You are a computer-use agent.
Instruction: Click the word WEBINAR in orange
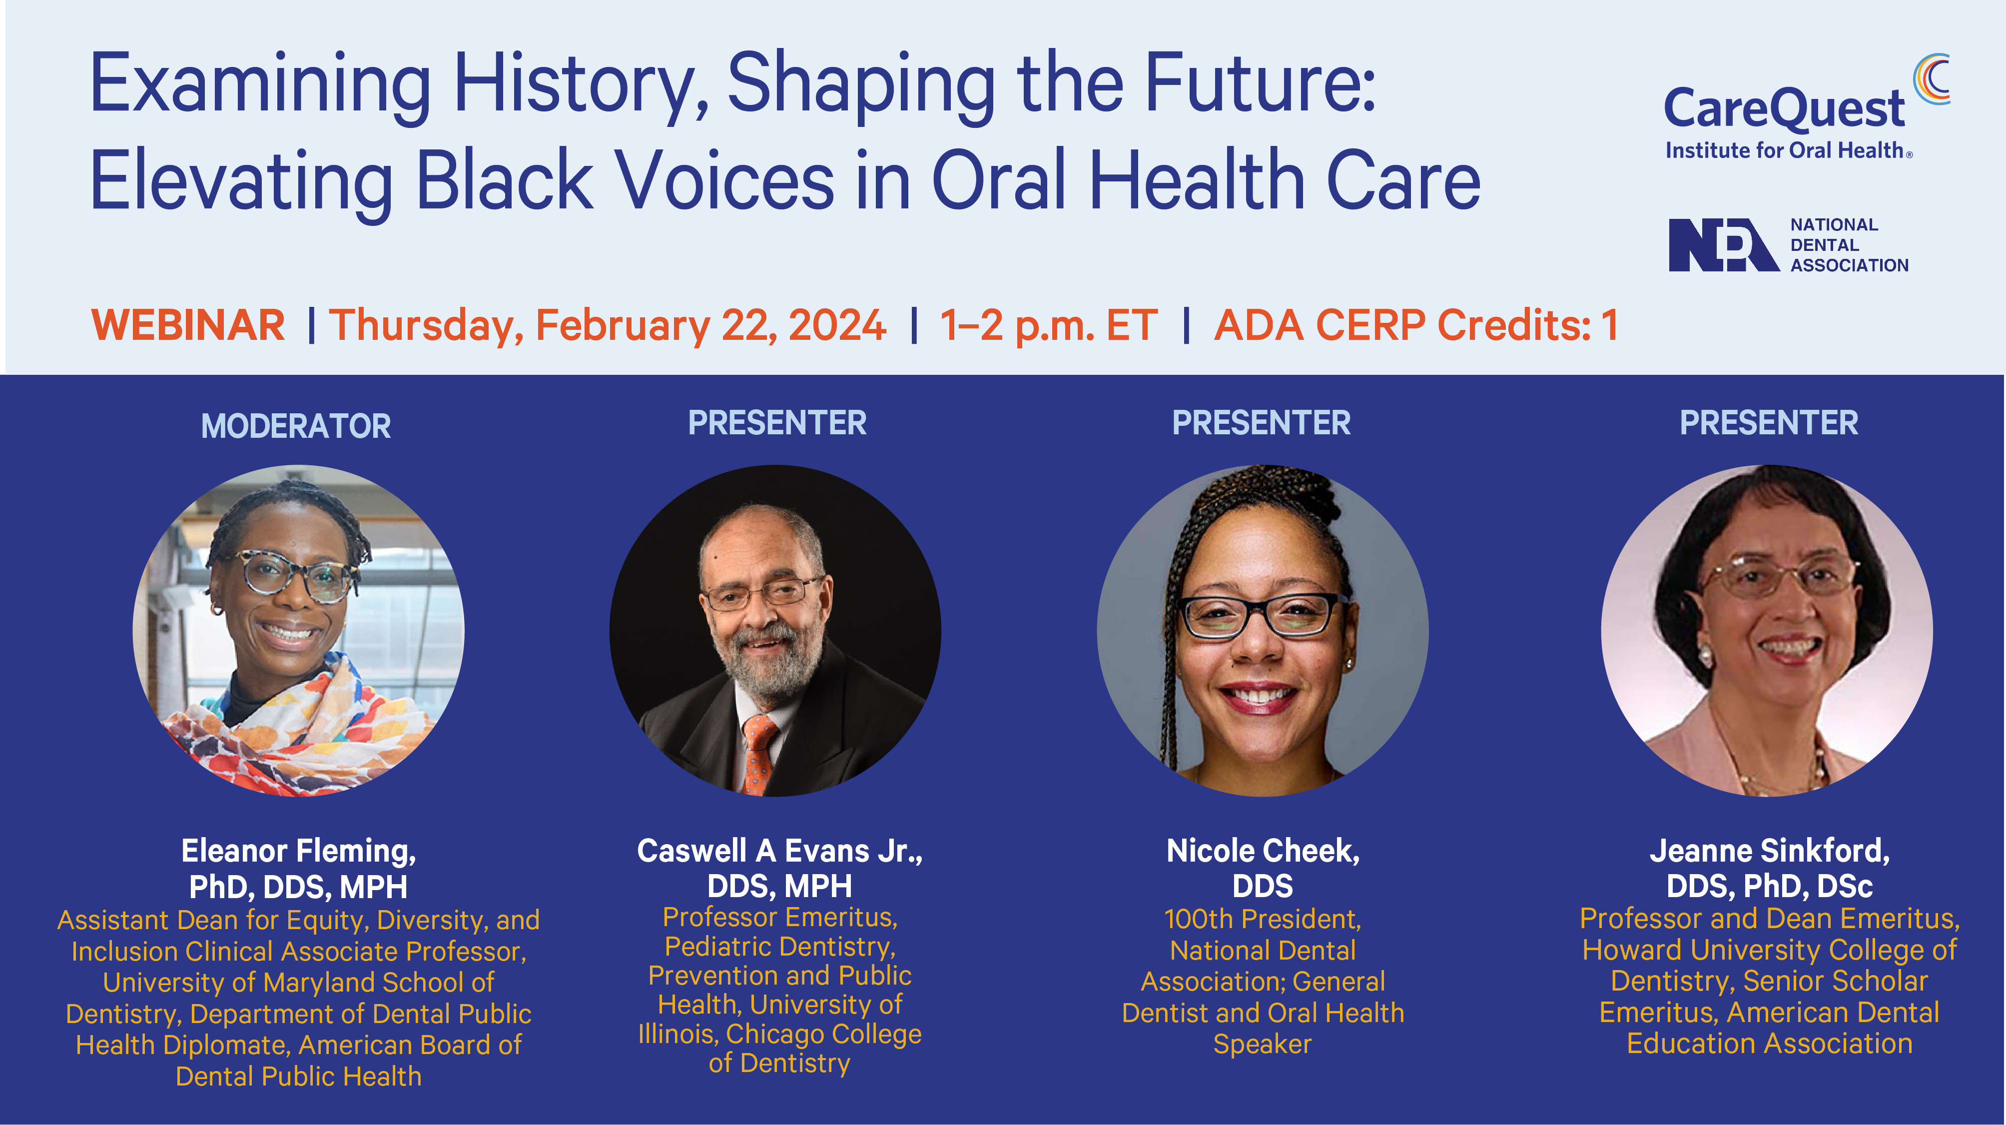[188, 325]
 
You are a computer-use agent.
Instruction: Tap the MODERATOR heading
[296, 426]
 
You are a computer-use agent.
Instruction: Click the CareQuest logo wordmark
[1784, 109]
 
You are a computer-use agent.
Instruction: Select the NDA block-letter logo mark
[1723, 244]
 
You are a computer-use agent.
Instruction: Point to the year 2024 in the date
[837, 325]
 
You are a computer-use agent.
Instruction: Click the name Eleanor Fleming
[298, 851]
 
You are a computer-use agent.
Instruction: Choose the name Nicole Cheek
[1263, 851]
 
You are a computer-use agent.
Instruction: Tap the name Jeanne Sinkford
[1769, 851]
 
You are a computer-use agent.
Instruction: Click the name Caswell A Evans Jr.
[779, 851]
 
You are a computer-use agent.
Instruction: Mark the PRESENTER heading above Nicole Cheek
[1262, 423]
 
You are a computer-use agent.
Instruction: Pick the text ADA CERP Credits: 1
[1416, 325]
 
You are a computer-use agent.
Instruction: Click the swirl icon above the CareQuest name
[1932, 78]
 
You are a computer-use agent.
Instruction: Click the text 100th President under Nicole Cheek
[1263, 919]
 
